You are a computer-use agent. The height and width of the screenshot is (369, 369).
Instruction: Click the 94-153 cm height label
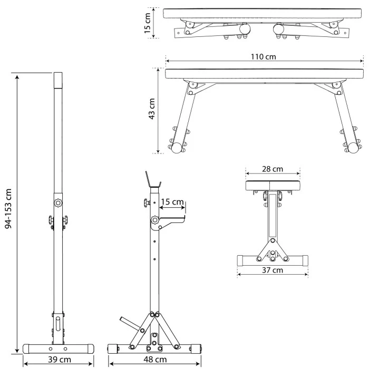pos(8,209)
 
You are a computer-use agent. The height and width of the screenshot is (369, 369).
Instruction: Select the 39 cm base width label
pos(60,360)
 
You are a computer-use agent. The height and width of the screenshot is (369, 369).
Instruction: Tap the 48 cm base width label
pos(155,360)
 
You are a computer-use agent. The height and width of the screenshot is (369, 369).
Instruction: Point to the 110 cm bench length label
pos(263,57)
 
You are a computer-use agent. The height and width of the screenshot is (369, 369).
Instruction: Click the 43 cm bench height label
pos(152,109)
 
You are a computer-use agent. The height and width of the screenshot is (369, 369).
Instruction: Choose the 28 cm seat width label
pos(273,169)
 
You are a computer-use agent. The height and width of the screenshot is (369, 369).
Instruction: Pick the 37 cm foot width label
pos(273,270)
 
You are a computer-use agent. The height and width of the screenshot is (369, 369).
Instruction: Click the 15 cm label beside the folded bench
pos(147,23)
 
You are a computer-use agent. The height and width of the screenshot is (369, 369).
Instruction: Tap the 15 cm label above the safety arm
pos(172,202)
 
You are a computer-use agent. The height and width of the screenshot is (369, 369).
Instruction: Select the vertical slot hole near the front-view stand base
pos(58,324)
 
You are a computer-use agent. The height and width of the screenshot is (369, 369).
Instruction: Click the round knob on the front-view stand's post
pos(58,202)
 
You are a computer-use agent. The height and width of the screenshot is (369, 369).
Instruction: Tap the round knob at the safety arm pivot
pos(155,220)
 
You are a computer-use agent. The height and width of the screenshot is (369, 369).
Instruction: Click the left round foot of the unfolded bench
pos(177,148)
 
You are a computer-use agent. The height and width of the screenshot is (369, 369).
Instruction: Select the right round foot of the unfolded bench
pos(353,148)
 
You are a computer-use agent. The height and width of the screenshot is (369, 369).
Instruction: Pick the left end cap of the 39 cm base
pos(26,349)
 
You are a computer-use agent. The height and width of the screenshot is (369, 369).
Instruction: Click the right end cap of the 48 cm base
pos(195,349)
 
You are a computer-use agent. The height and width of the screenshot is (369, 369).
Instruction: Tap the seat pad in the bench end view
pos(273,186)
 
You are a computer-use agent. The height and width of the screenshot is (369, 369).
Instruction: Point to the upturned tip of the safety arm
pos(184,217)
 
